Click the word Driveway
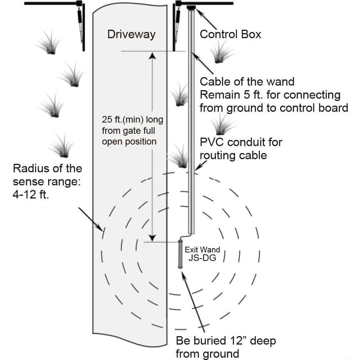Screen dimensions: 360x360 pos(131,34)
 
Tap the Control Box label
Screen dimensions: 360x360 pos(230,34)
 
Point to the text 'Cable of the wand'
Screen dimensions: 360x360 pos(247,82)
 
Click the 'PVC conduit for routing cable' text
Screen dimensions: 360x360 pos(241,148)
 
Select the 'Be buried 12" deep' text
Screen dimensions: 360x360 pos(226,341)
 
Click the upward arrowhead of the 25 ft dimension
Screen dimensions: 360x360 pos(153,56)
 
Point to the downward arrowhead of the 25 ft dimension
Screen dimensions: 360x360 pos(153,237)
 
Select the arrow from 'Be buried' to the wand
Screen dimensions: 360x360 pos(193,301)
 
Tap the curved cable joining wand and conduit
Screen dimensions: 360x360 pos(186,236)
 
